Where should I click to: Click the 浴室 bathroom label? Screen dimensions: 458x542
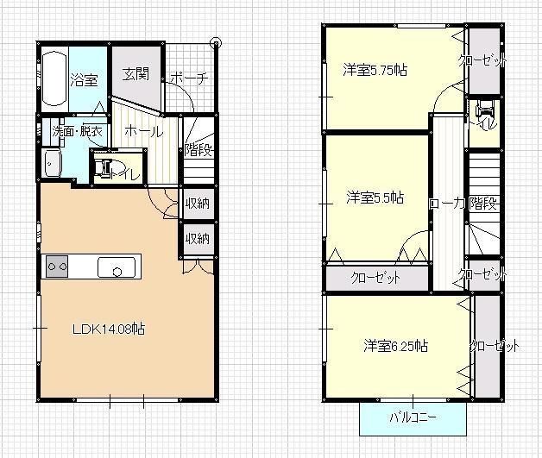click(x=84, y=79)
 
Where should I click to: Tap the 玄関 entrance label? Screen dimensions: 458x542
click(x=135, y=74)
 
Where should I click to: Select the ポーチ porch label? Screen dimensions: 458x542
click(x=189, y=78)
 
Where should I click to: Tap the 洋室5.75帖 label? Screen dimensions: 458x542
click(x=374, y=70)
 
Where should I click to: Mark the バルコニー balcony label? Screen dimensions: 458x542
click(x=413, y=417)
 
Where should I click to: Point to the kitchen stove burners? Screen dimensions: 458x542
click(x=57, y=267)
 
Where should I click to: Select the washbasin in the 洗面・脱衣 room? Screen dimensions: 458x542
click(x=52, y=163)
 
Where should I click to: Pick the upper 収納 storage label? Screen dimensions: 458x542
click(x=198, y=204)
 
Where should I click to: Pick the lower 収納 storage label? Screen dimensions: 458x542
click(x=198, y=239)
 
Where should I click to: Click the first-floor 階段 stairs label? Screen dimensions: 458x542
click(x=198, y=148)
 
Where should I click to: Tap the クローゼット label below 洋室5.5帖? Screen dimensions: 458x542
click(x=376, y=279)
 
